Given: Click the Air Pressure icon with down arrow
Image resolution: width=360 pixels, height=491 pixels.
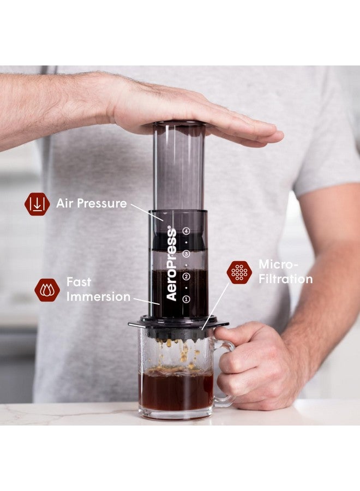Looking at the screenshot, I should tap(37, 204).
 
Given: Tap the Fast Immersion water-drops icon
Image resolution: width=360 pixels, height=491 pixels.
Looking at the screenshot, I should tap(47, 290).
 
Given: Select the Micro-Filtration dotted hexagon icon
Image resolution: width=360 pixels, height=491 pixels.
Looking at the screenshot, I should tap(239, 272).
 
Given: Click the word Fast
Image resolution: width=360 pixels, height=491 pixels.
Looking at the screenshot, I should tap(79, 282).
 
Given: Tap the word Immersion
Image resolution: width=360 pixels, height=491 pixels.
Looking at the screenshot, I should tap(98, 297).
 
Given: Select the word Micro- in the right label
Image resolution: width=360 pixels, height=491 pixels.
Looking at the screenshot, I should tap(278, 265).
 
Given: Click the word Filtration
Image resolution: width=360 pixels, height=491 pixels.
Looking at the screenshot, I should tap(285, 279).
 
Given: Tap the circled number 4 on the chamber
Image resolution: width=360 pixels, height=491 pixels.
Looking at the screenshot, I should tap(186, 231).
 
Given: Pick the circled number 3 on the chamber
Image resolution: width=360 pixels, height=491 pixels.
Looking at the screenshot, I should tap(186, 254).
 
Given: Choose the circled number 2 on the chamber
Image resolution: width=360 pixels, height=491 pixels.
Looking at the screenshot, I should tap(186, 277).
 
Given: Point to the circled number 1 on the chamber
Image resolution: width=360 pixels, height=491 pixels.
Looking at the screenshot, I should tap(186, 299).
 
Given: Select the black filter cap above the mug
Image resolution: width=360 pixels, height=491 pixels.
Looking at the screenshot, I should tap(178, 325).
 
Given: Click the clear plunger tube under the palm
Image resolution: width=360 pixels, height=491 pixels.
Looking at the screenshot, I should tap(179, 164).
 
